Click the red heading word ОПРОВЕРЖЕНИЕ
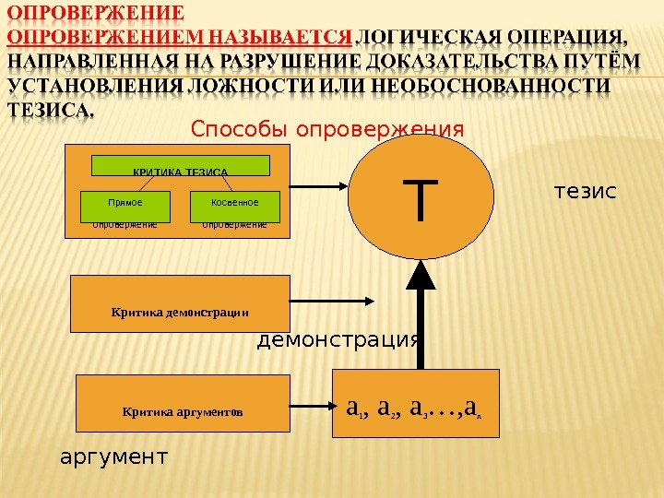coord(94,16)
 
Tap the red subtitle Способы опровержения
coord(327,127)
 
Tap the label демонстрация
coord(338,340)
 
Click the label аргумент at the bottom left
coord(114,455)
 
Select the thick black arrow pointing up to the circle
coord(421,314)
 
